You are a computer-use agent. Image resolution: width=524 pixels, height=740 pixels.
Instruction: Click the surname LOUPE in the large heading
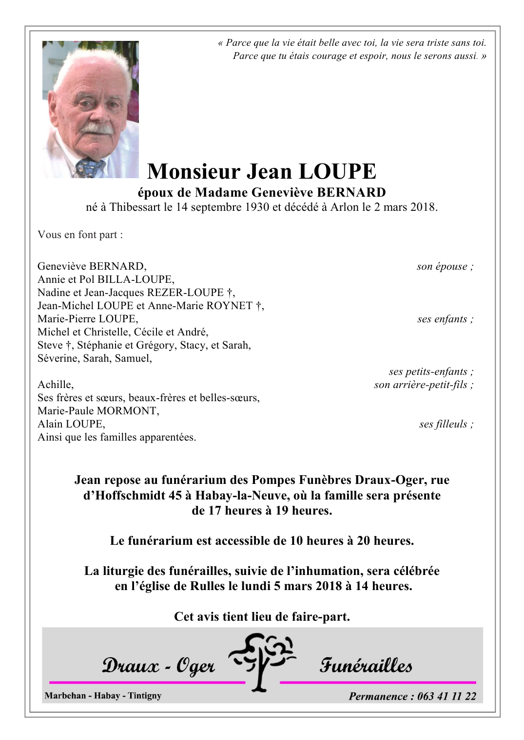(337, 172)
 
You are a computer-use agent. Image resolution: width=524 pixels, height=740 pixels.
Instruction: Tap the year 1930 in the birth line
(257, 207)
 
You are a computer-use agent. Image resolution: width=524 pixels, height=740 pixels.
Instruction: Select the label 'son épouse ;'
(445, 266)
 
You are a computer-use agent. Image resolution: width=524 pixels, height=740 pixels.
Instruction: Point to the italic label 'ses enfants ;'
(445, 319)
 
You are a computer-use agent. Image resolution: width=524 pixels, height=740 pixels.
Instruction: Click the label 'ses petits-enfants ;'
(431, 371)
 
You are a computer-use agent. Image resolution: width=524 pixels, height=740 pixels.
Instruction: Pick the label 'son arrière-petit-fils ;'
(424, 385)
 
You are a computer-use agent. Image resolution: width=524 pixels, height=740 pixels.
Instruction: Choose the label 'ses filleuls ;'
(446, 424)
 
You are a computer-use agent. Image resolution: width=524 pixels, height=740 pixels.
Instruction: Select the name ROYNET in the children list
(229, 306)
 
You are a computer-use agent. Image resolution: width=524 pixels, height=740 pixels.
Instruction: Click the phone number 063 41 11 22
(446, 696)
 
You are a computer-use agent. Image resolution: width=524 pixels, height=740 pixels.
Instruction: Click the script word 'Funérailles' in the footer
(366, 666)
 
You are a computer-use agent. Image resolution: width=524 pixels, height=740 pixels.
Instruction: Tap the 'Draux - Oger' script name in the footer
(158, 666)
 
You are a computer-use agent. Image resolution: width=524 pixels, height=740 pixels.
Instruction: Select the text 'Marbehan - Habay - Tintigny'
(103, 696)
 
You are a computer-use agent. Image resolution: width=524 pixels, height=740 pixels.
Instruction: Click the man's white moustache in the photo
(97, 129)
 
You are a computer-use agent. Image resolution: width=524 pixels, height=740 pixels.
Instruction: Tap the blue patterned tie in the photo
(89, 168)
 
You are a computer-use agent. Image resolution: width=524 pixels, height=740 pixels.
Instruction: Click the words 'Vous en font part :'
(80, 235)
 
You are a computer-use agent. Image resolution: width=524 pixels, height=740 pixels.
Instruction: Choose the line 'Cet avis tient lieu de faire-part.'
(262, 617)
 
